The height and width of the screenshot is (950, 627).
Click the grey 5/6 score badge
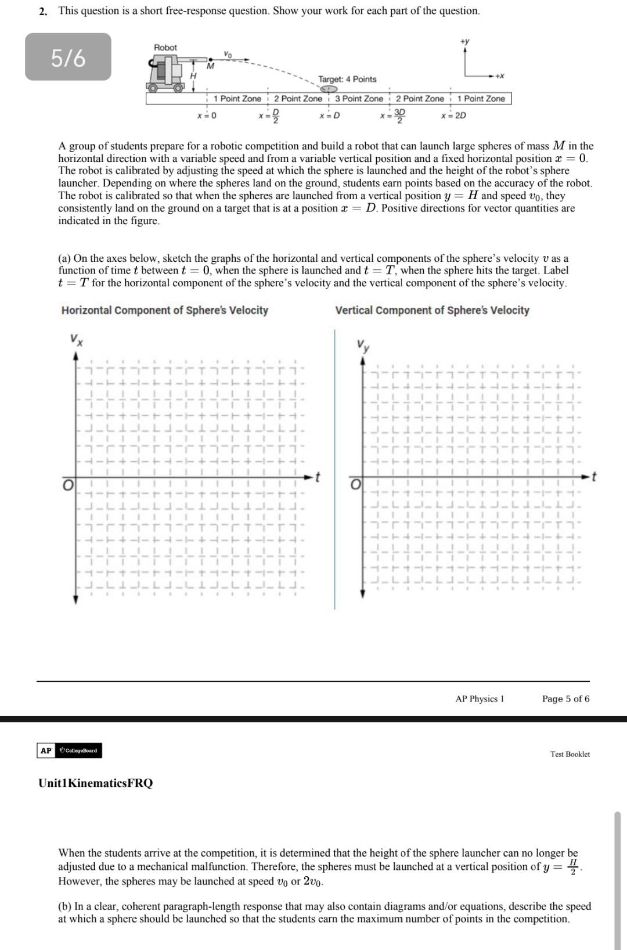68,57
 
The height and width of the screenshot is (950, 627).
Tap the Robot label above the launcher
165,48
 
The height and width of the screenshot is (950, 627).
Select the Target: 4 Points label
347,79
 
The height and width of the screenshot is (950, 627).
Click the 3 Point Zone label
359,99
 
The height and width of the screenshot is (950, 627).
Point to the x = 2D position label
453,116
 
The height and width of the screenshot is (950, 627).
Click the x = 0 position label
207,116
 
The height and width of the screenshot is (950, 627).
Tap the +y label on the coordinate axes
464,41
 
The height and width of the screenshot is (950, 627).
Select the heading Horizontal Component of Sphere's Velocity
165,310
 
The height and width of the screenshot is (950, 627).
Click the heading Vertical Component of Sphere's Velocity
432,310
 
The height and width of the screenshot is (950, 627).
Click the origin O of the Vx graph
68,484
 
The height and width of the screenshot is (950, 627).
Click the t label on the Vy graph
594,477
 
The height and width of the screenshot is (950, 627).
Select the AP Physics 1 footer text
480,699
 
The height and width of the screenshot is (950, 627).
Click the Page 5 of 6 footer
565,699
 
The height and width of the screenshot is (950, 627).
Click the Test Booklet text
570,754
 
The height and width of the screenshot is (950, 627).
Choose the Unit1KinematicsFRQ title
96,783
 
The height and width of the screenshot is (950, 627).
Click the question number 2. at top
44,11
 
